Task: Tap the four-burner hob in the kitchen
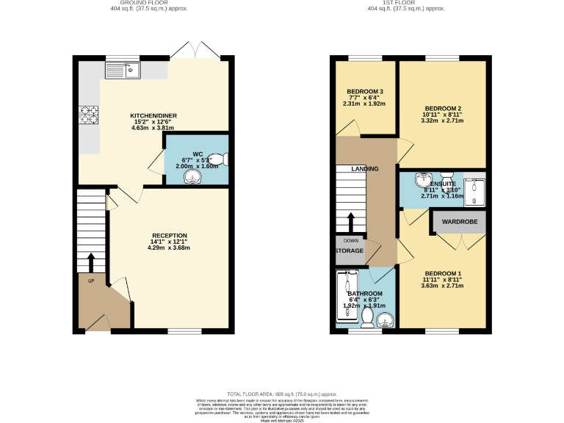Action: pos(89,115)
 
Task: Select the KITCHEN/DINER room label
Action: pos(153,116)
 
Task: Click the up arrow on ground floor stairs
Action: pos(90,262)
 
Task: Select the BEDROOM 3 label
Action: pos(365,92)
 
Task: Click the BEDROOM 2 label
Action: pos(443,109)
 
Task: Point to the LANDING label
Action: pos(365,169)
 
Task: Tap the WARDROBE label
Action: pos(459,222)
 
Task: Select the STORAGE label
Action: pos(350,251)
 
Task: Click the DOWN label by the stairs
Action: pos(350,240)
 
